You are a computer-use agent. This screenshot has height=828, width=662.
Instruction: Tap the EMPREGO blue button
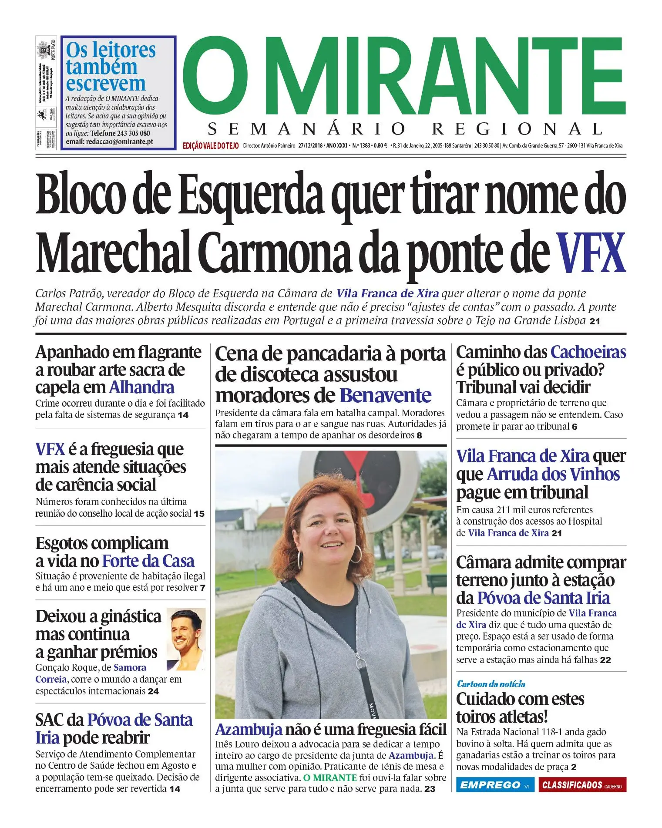coord(491,784)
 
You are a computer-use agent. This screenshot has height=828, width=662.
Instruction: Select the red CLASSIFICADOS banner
coord(582,784)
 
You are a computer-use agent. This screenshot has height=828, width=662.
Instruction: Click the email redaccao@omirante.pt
coord(109,142)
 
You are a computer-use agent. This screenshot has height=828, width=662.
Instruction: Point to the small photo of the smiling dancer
coord(186,639)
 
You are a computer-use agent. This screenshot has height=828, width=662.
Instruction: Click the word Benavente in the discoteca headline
coord(385,395)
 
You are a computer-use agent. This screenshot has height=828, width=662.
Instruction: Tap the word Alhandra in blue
coord(141,387)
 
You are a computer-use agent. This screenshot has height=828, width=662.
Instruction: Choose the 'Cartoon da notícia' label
coord(491,683)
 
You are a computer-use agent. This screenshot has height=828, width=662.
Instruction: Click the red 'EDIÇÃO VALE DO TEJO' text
coord(211,146)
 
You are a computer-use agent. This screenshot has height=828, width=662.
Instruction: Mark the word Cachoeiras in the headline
coord(588,352)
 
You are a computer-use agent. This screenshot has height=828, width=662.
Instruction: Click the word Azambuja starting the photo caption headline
coord(249,729)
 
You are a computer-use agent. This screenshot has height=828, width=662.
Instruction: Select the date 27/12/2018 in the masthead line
coord(310,145)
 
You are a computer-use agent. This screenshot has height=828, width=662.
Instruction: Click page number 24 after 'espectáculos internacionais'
coord(153,691)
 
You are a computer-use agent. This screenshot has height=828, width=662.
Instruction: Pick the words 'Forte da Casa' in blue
coord(148,561)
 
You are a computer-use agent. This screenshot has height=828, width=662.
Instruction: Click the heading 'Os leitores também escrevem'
coord(111,67)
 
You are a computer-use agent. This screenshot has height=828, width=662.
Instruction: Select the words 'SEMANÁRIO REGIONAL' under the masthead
coord(405,129)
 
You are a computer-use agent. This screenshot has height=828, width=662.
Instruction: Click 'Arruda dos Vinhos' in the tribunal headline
coord(553,474)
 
